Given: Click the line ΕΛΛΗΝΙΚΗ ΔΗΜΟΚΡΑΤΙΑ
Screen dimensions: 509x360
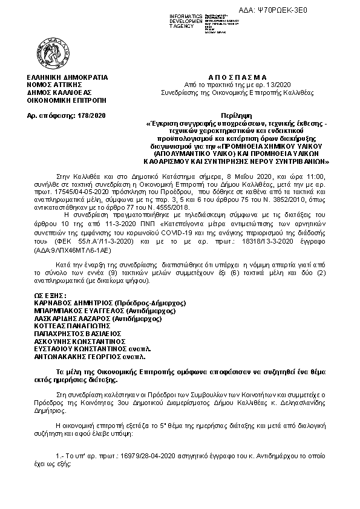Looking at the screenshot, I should pos(63,78).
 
